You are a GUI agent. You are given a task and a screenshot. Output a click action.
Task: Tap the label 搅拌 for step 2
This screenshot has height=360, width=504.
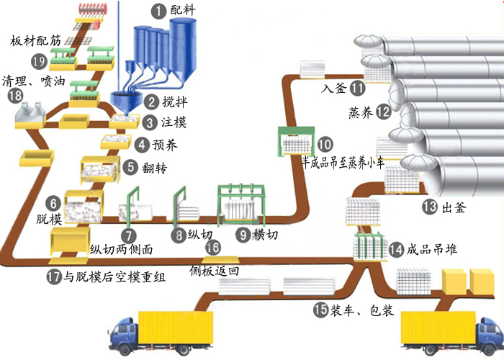[x=173, y=102]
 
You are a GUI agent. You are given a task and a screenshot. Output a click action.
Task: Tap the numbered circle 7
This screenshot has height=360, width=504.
[x=128, y=235]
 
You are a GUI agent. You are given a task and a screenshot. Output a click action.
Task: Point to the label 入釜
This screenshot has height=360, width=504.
[x=333, y=89]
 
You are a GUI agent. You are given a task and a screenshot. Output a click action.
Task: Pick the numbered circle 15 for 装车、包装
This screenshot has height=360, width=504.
[x=321, y=310]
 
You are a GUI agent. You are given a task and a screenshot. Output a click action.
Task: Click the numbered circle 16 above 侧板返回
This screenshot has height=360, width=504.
[x=212, y=247]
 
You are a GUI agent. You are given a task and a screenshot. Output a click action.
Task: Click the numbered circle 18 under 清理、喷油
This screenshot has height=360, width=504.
[x=15, y=96]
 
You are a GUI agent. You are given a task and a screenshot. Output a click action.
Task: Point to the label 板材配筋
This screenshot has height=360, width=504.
[x=33, y=41]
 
